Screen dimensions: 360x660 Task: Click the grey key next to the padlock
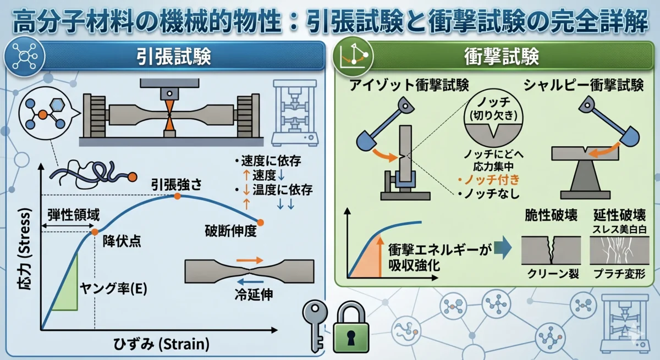point(315,325)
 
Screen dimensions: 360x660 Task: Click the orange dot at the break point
point(261,222)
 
